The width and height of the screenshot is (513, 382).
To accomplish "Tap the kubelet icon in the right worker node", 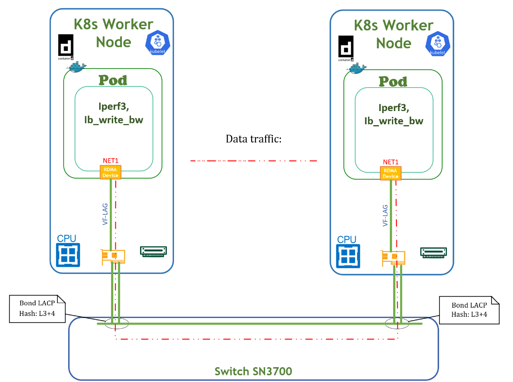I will point(438,44).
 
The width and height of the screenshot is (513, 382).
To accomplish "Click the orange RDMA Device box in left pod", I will point(110,172).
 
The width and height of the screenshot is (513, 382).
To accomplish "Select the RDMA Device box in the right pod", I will point(390,173).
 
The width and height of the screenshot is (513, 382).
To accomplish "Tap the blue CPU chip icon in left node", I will point(68,254).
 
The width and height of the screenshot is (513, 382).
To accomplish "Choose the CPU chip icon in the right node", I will point(348,255).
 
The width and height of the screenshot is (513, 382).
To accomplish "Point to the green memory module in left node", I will point(153,251).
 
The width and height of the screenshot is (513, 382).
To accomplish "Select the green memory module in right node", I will point(434,252).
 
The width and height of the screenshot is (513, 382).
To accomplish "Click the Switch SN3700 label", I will point(253,371).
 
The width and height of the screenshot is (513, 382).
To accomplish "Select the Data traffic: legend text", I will point(253,139).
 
